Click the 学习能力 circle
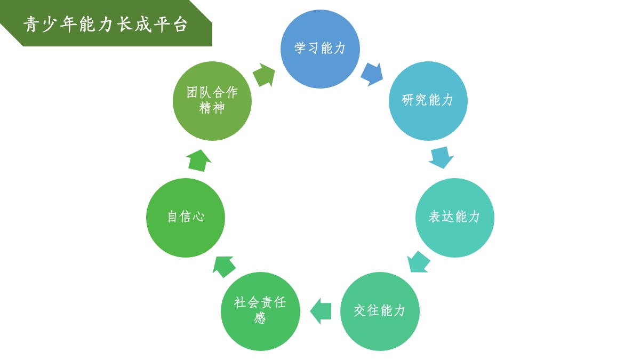pos(320,49)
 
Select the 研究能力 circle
pos(428,101)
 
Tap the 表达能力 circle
pos(454,218)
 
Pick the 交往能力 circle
pos(380,311)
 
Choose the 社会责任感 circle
pos(260,311)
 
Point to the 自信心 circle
pos(186,218)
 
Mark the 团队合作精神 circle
pos(212,101)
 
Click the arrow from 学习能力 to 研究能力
pos(372,74)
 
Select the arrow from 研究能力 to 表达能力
pos(441,157)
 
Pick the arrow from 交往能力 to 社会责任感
pos(321,311)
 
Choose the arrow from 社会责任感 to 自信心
pos(224,266)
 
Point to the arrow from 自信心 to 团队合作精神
pos(198,161)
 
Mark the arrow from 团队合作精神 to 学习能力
pos(263,75)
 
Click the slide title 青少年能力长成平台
pos(106,25)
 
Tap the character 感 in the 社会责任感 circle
pos(260,318)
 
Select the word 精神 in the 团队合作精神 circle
pos(212,108)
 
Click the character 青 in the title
pos(31,25)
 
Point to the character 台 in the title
pos(180,25)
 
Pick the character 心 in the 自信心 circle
pos(198,217)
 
